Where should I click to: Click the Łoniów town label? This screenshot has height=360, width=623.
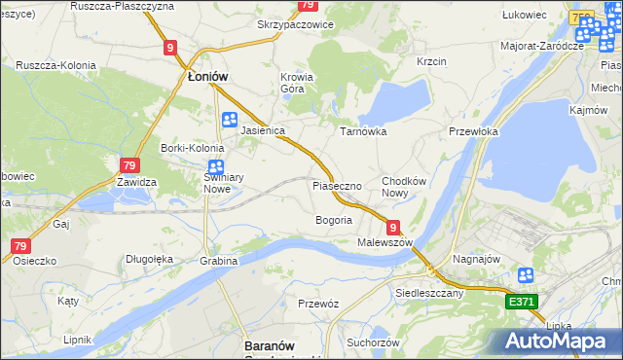(x=206, y=75)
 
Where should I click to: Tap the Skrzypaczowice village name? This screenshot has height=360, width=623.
(x=295, y=24)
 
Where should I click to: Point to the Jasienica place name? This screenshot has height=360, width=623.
(x=263, y=129)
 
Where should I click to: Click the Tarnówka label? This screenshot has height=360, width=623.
(x=363, y=130)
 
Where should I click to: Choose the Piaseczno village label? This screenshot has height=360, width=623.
(x=338, y=185)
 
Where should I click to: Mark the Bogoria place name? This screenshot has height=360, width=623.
(x=333, y=220)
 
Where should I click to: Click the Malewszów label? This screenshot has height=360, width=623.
(x=385, y=241)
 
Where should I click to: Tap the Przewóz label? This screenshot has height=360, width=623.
(x=318, y=304)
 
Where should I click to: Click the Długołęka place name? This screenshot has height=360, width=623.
(x=149, y=259)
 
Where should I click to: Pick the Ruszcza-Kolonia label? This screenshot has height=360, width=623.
(x=55, y=65)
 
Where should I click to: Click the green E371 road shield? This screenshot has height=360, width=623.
(x=522, y=303)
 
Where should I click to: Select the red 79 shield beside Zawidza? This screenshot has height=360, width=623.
(x=130, y=166)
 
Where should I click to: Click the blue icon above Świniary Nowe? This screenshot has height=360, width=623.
(x=216, y=166)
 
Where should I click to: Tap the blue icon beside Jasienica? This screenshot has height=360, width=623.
(x=230, y=120)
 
